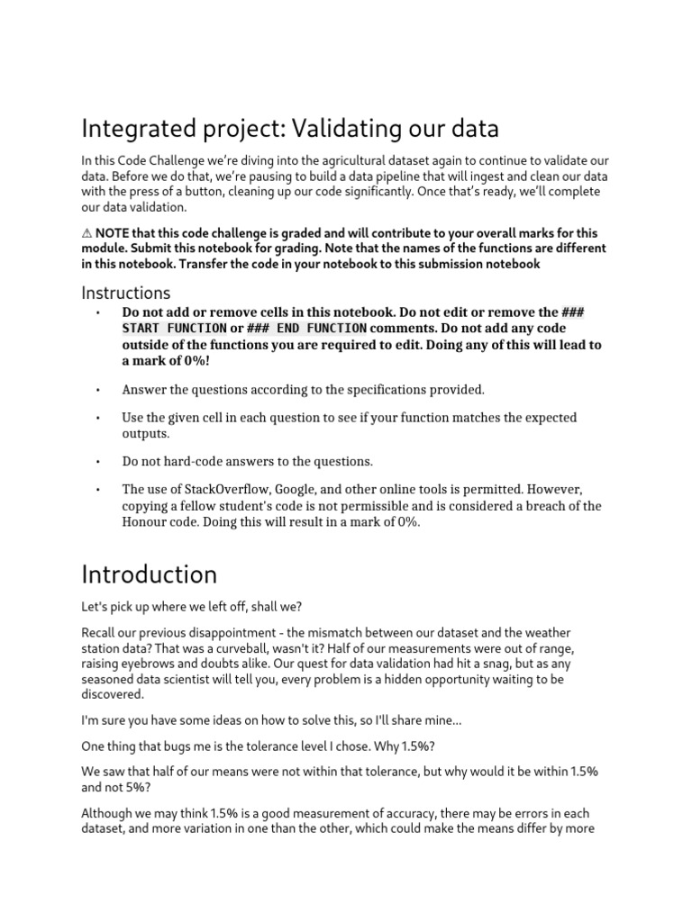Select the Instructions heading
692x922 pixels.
125,293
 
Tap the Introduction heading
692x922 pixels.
149,574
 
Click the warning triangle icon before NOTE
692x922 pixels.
86,232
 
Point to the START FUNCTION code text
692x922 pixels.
174,328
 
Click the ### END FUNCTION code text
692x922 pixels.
306,328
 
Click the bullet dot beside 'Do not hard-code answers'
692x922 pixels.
96,461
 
